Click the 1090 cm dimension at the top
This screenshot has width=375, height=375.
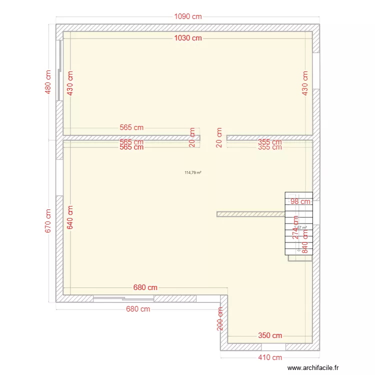point(187,16)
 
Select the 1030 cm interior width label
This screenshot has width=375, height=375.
point(187,38)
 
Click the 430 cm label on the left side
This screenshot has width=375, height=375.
point(70,83)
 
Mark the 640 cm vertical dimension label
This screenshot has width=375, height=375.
point(70,218)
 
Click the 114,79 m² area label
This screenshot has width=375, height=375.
point(192,173)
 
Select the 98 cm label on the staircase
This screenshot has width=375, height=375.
point(300,201)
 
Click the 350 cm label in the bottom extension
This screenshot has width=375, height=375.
point(270,335)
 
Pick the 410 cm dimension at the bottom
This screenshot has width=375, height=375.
point(270,357)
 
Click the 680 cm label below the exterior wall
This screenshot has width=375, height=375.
point(138,309)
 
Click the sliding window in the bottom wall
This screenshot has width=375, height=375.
point(123,298)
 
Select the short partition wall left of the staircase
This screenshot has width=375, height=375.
point(250,214)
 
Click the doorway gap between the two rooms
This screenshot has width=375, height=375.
point(213,138)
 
